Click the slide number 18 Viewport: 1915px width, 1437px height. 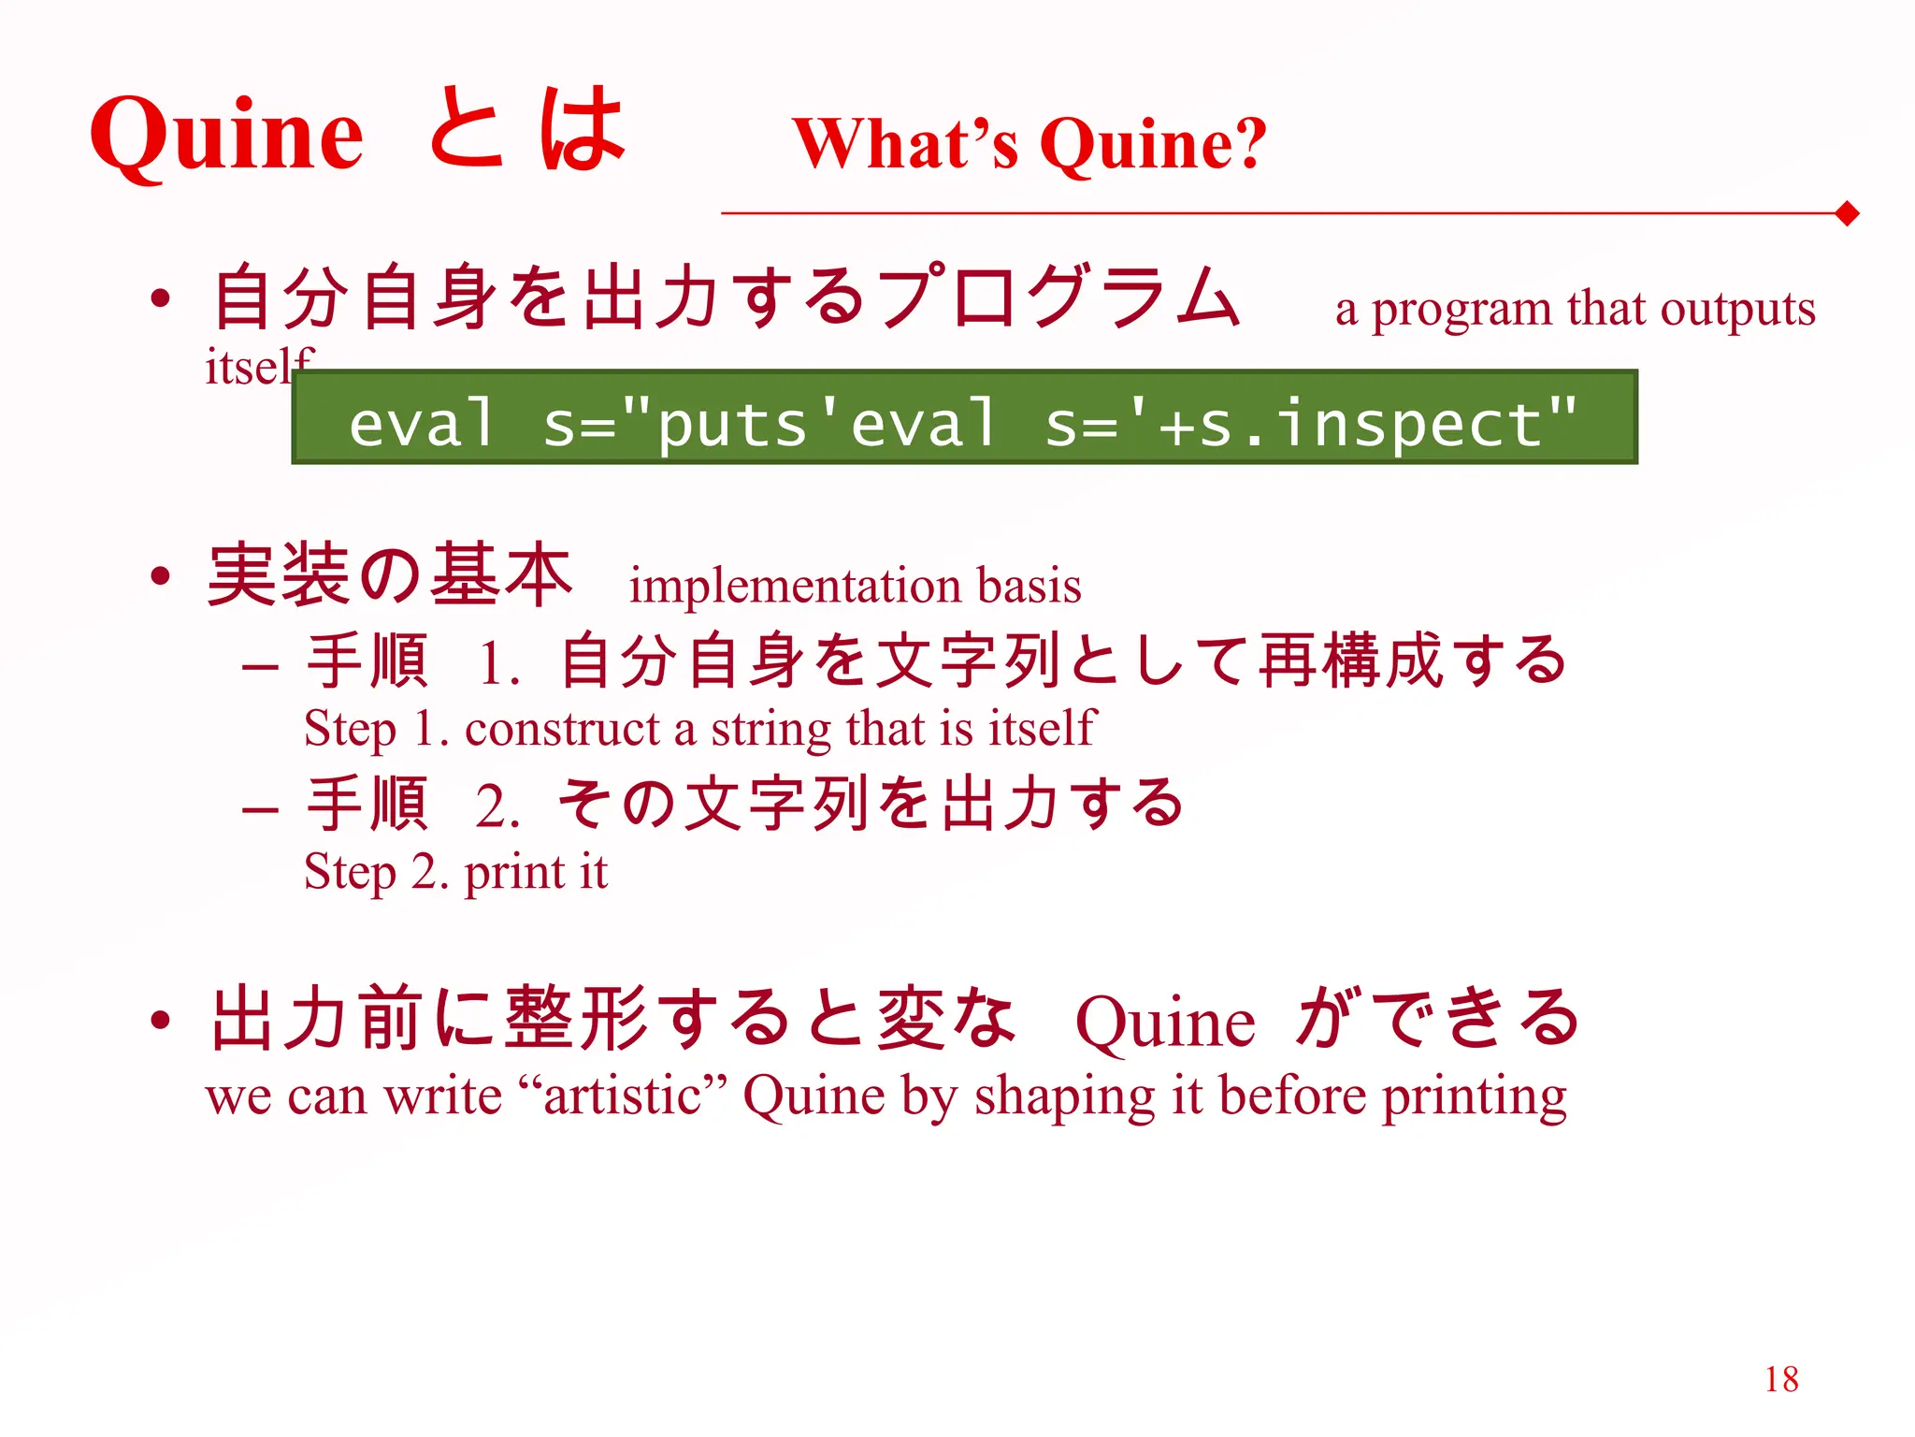(x=1781, y=1379)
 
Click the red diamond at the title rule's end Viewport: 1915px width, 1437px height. (x=1847, y=213)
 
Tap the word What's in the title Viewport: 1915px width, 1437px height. (x=905, y=144)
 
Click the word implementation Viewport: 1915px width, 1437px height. (x=795, y=587)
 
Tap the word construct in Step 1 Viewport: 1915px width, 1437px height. (x=562, y=729)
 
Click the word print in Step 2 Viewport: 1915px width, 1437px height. (x=514, y=873)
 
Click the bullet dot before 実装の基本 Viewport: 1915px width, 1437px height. (x=161, y=574)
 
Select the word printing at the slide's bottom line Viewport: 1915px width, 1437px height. (x=1475, y=1097)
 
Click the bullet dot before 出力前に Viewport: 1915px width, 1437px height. (x=161, y=1020)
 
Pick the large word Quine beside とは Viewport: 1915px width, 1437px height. (x=226, y=135)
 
